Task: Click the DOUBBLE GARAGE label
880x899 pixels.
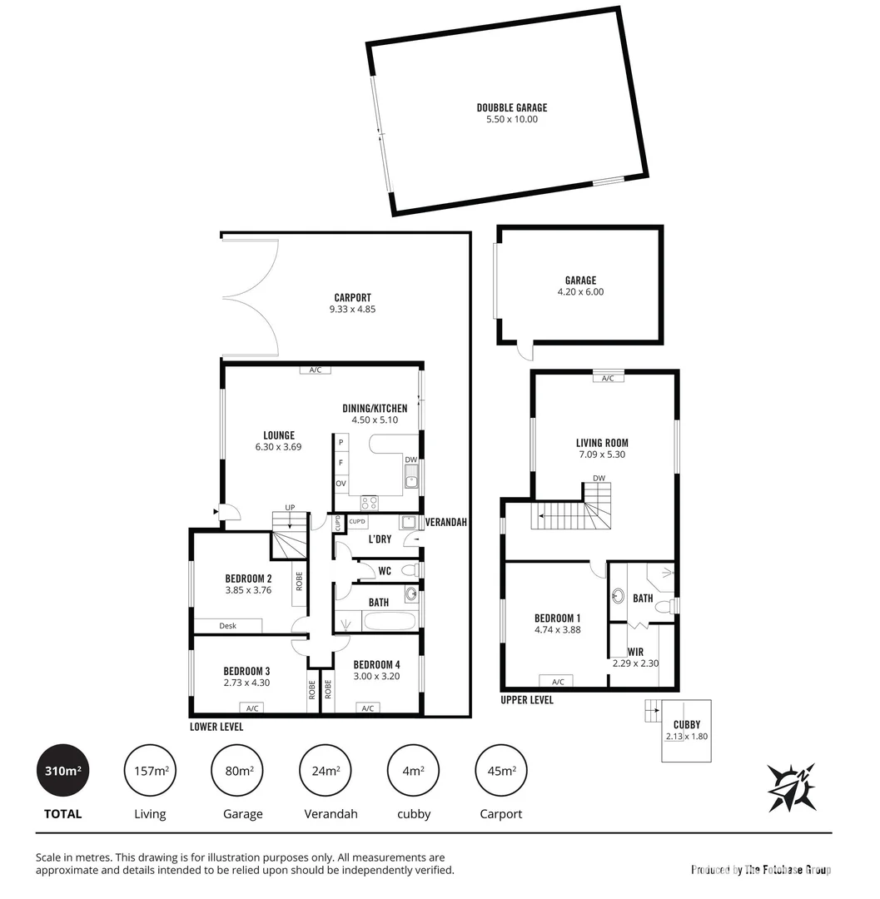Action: coord(511,107)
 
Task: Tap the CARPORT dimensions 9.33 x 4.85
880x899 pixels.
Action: coord(352,310)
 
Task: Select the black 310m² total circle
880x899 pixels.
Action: coord(62,771)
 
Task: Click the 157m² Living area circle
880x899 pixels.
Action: coord(151,771)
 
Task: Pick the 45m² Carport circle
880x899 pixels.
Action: coord(501,771)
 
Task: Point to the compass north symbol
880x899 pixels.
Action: coord(793,787)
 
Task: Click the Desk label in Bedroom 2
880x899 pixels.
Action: coord(227,626)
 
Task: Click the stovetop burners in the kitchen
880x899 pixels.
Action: coord(368,502)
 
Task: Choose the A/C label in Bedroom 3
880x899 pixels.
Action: coord(251,708)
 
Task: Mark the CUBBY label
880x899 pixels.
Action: coord(687,724)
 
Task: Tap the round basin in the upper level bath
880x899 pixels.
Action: coord(619,596)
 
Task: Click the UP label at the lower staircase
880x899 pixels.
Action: coord(290,507)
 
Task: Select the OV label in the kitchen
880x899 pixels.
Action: coord(341,483)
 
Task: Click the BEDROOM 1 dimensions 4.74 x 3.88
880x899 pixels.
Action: coord(557,630)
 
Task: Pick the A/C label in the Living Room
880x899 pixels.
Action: coord(608,378)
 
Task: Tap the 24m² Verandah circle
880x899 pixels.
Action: coord(326,771)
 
